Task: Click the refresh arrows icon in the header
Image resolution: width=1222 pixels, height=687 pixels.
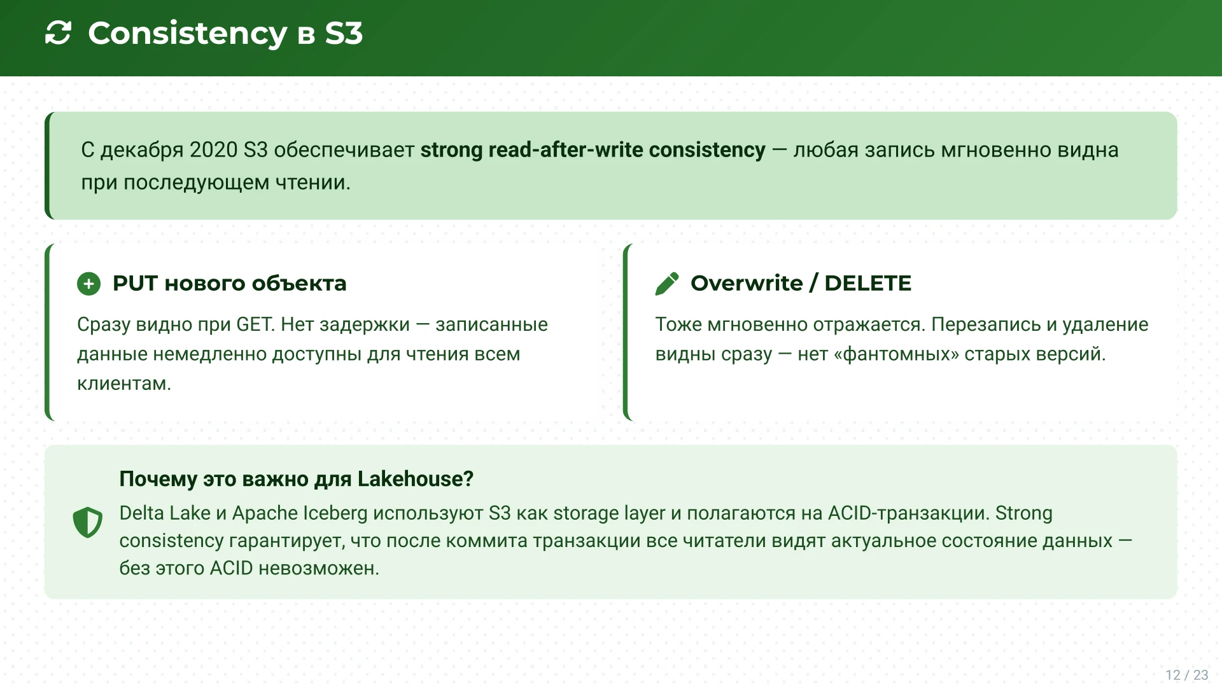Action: pos(58,33)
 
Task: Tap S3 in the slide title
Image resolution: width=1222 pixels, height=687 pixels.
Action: pos(344,33)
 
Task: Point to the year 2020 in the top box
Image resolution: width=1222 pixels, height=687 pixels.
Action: pos(213,150)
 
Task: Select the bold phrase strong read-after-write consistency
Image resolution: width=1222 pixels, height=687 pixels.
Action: pos(593,150)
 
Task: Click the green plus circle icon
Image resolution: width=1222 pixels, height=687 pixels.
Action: pos(89,284)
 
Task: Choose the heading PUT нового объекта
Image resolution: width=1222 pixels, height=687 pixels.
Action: pos(229,284)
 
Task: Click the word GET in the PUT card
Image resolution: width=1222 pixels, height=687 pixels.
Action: pos(255,324)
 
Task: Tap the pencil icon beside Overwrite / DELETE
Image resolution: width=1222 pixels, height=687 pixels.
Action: pos(667,284)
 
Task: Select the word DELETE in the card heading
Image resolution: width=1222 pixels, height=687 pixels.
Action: pos(867,283)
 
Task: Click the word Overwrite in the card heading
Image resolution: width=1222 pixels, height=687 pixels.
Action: pos(747,283)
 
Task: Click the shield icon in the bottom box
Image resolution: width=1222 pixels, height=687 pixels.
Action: pos(88,522)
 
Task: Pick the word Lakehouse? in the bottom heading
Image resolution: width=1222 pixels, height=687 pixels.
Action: pos(415,479)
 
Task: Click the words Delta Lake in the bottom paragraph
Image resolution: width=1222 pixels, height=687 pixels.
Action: pos(165,513)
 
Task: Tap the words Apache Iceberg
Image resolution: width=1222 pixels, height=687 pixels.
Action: pos(300,513)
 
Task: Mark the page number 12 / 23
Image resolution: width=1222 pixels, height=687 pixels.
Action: pos(1186,675)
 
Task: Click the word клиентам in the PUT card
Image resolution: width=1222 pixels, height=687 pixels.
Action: pos(123,384)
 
